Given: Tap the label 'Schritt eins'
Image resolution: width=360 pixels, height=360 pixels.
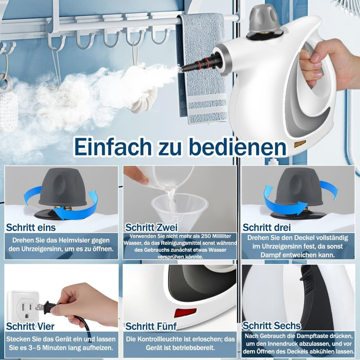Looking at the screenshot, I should click(x=31, y=227).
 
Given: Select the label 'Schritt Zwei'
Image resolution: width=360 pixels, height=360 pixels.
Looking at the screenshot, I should click(x=151, y=227).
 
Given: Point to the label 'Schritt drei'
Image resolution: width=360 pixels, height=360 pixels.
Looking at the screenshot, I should click(x=267, y=227).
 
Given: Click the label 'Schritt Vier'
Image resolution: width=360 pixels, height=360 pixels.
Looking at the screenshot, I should click(x=30, y=326).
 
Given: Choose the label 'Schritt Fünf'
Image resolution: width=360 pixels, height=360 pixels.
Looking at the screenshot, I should click(x=151, y=326).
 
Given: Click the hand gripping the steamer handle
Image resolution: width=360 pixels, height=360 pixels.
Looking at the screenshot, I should click(x=324, y=63).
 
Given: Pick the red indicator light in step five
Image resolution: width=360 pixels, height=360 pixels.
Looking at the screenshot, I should click(x=185, y=312).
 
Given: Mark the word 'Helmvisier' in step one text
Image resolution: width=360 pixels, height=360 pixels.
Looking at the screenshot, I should click(x=76, y=240).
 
